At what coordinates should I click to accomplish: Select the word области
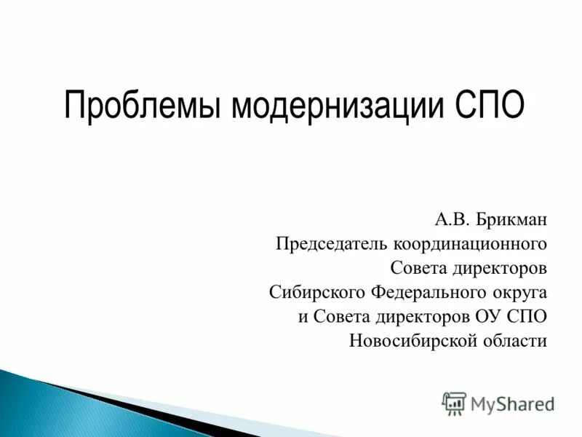click(517, 341)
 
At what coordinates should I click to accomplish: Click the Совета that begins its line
click(417, 267)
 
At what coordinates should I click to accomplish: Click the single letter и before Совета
click(303, 318)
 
